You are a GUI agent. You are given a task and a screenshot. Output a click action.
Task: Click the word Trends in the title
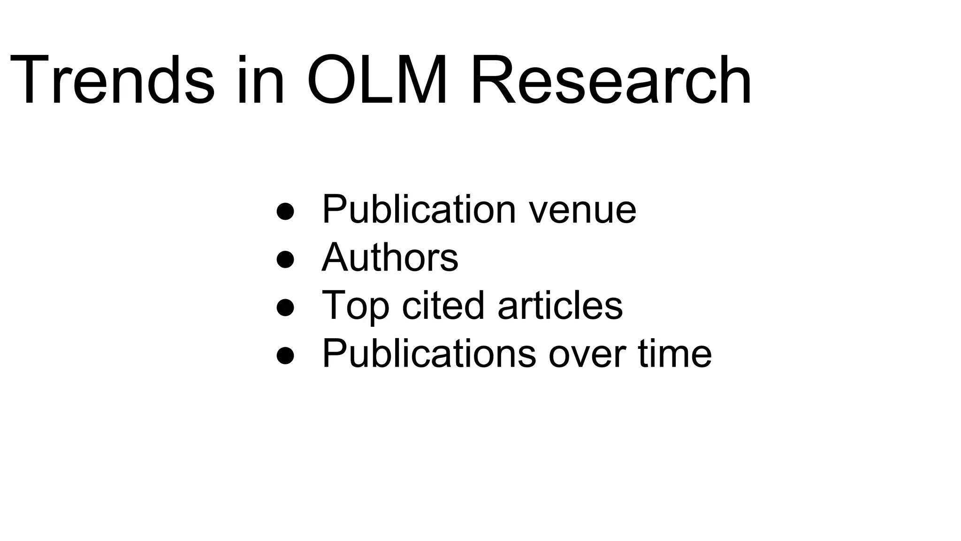[x=112, y=80]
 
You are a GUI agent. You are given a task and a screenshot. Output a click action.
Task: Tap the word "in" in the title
[x=260, y=80]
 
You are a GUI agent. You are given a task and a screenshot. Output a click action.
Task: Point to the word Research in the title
[x=610, y=80]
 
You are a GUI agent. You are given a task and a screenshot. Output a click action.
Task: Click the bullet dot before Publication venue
[x=285, y=211]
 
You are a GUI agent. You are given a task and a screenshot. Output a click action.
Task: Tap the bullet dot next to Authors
[x=285, y=259]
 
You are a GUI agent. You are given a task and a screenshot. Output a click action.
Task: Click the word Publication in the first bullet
[x=419, y=209]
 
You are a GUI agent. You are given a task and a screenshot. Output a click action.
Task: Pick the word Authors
[x=389, y=257]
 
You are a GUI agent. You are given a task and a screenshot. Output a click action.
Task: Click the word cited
[x=442, y=305]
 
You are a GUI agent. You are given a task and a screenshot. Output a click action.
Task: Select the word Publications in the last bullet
[x=429, y=354]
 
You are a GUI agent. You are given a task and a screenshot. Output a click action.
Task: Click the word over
[x=587, y=355]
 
